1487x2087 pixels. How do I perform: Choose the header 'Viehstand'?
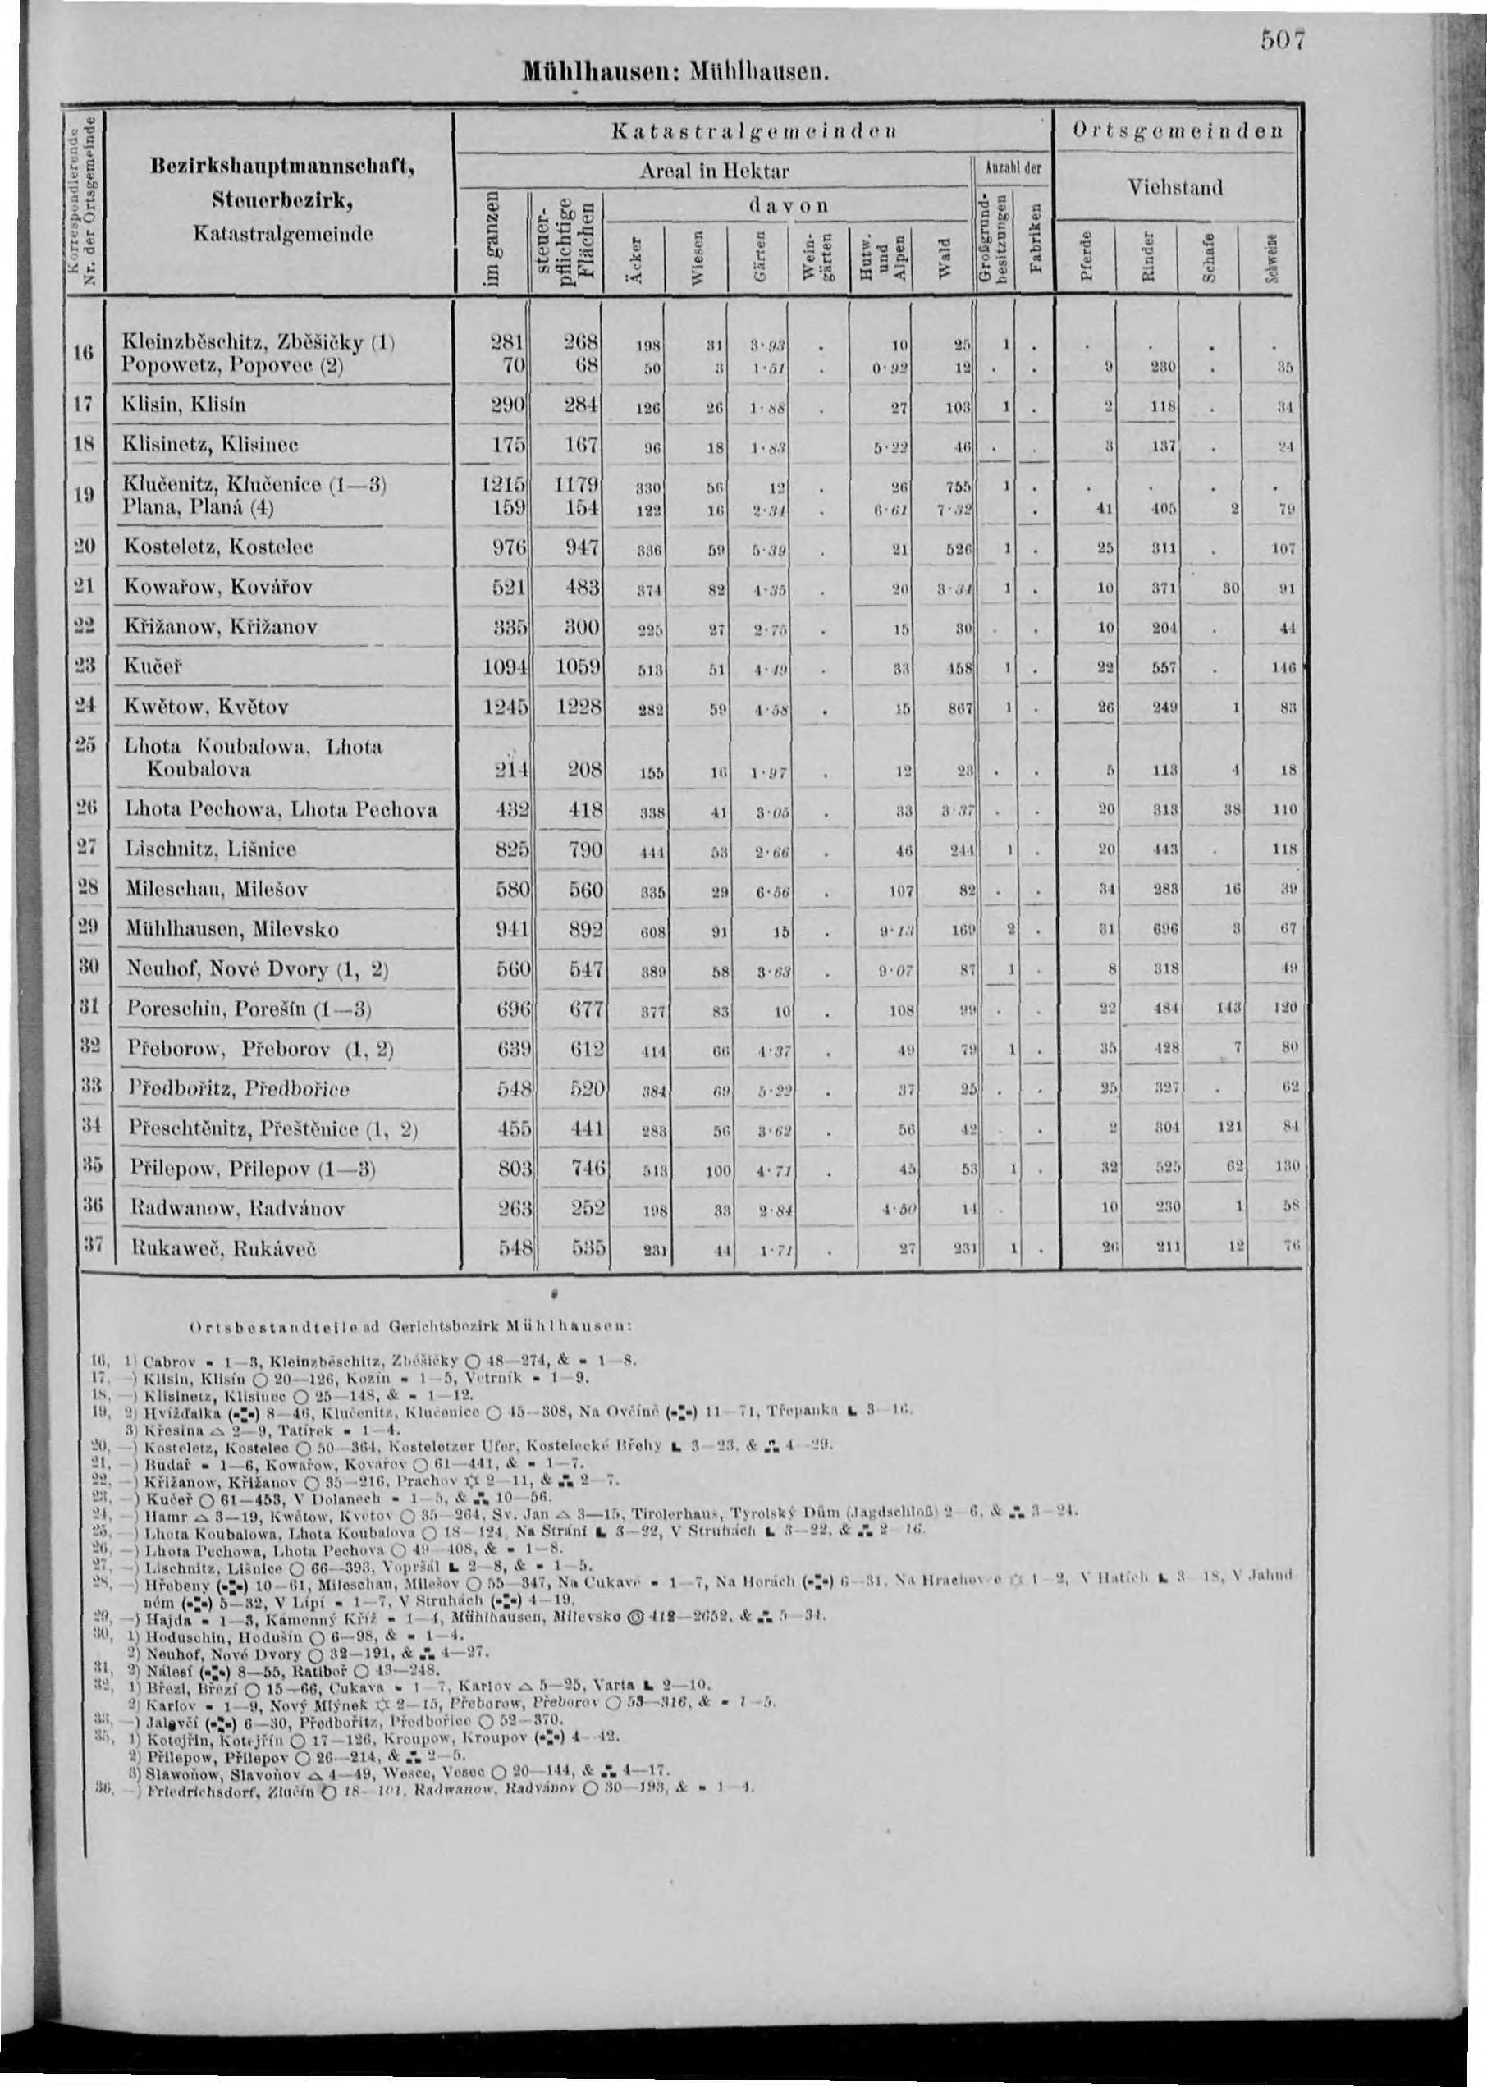[1175, 190]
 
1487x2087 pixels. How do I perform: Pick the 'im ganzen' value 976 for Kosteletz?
[510, 547]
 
